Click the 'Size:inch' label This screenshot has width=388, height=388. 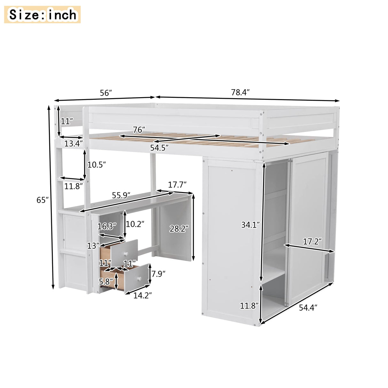tap(43, 15)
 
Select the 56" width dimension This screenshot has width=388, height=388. tap(106, 93)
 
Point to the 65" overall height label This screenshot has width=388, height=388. tap(43, 200)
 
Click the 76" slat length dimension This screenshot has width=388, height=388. tap(139, 130)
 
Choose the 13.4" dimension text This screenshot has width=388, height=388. tap(72, 144)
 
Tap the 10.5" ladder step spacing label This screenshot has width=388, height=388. tap(96, 165)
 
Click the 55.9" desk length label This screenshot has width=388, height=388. tap(121, 196)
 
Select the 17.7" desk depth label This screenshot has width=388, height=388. tap(177, 184)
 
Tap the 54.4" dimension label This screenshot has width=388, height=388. tap(308, 307)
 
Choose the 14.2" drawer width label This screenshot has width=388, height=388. tap(142, 295)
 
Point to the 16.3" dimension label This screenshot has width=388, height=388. tap(106, 226)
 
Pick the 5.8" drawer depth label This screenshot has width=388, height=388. tap(106, 282)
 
